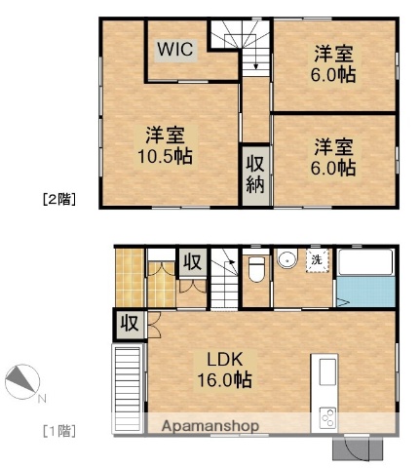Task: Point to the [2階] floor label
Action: pyautogui.click(x=58, y=200)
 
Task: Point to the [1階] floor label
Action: pyautogui.click(x=57, y=430)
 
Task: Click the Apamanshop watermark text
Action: pyautogui.click(x=210, y=426)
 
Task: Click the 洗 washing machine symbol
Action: pyautogui.click(x=318, y=260)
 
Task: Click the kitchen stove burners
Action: pyautogui.click(x=326, y=417)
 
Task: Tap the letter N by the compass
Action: pyautogui.click(x=41, y=398)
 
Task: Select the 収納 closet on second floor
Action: pyautogui.click(x=255, y=173)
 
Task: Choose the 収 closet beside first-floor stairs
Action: pyautogui.click(x=191, y=262)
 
